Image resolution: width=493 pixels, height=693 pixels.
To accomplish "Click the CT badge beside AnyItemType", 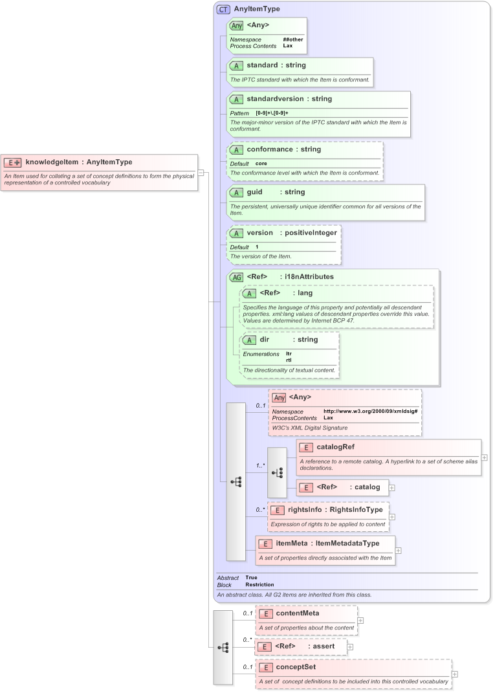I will tap(223, 9).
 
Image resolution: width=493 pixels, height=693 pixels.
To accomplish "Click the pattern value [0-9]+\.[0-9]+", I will tap(272, 113).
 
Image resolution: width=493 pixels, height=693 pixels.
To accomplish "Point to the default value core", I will tap(261, 163).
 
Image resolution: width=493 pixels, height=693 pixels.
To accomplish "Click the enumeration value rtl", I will tap(289, 360).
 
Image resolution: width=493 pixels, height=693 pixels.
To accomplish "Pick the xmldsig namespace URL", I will tap(370, 411).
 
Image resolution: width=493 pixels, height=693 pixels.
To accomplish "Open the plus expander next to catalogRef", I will tap(485, 457).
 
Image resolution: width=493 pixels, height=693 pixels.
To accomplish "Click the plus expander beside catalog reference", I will tap(392, 487).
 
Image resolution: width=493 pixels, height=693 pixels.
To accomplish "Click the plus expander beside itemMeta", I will tap(399, 551).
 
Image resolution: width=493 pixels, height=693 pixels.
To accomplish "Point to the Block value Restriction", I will tap(259, 584).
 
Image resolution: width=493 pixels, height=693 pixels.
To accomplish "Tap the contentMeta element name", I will tap(297, 613).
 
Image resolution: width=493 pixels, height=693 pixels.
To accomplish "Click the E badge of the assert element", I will tap(263, 646).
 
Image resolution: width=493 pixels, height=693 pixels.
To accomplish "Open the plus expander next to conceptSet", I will tap(455, 674).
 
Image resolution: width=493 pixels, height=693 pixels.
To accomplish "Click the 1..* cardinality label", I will tap(260, 465).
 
